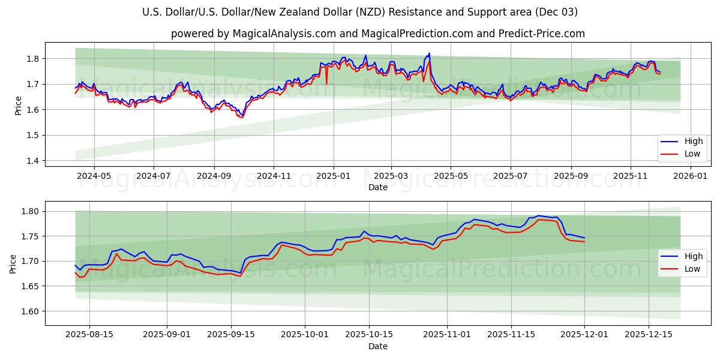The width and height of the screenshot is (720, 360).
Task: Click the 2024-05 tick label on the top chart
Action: coord(94,176)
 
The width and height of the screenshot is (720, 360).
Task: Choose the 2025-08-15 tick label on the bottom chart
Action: coord(89,335)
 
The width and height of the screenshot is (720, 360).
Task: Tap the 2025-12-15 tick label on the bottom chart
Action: coord(649,335)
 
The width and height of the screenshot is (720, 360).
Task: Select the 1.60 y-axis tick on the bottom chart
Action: coord(29,311)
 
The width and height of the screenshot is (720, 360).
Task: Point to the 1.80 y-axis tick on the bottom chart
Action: coord(29,211)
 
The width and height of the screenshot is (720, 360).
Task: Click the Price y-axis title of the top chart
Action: coord(18,106)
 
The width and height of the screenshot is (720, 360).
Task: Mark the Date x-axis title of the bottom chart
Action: coord(378,346)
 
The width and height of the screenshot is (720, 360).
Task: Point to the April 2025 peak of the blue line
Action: coord(429,53)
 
